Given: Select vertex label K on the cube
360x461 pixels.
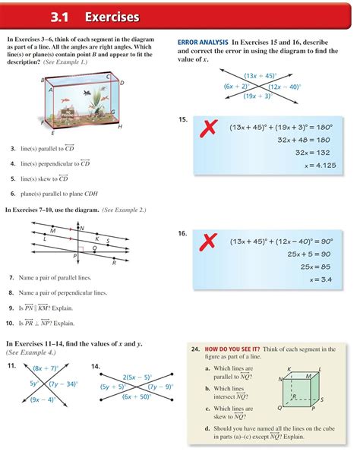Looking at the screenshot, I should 289,368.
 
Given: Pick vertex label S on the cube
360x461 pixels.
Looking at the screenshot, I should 323,399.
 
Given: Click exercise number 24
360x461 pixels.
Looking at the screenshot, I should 195,349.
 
